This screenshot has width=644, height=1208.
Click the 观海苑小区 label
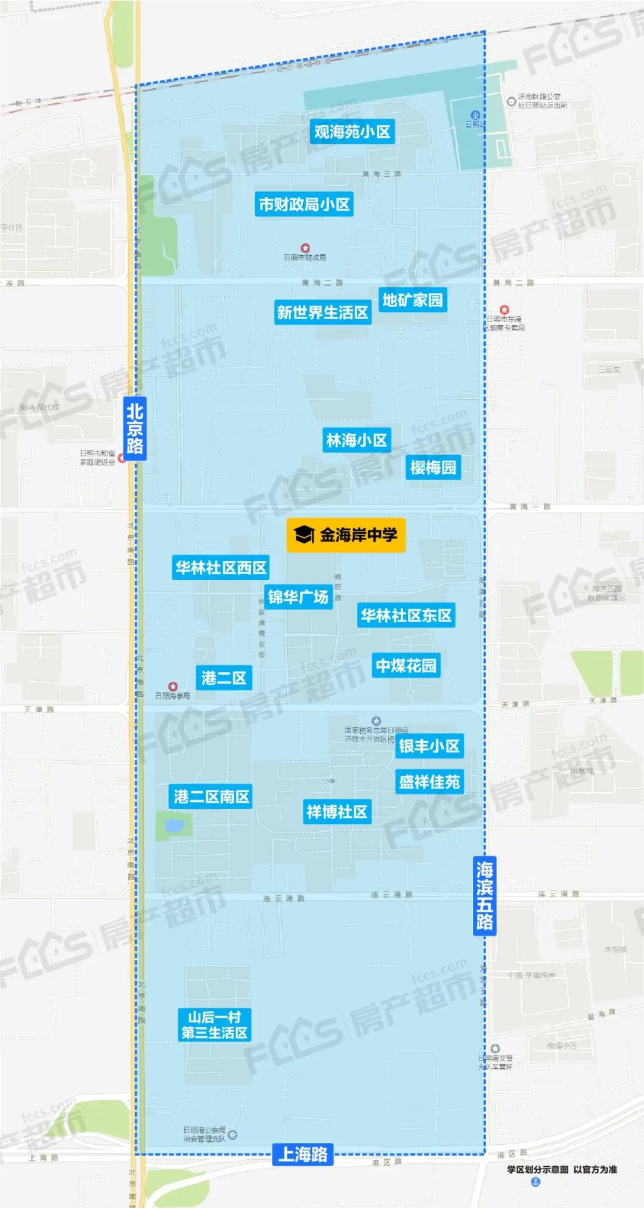point(352,132)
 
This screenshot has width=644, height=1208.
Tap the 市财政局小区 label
point(304,205)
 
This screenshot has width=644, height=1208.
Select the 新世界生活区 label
point(323,313)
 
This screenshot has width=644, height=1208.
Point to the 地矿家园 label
point(413,300)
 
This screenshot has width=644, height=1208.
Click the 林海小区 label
point(357,441)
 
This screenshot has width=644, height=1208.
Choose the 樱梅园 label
point(433,467)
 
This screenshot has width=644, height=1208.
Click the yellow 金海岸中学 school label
point(346,535)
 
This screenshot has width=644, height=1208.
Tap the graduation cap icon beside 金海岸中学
point(304,535)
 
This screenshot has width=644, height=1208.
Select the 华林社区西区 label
point(221,568)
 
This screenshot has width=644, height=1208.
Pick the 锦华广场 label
point(298,597)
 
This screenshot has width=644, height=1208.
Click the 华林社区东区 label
point(406,616)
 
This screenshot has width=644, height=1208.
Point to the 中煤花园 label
point(406,666)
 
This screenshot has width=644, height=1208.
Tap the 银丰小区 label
point(429,746)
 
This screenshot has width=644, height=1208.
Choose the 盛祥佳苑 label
point(429,781)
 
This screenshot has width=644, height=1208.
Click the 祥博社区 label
point(337,812)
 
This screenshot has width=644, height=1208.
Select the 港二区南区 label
point(211,796)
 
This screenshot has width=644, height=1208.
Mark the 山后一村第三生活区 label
point(214,1025)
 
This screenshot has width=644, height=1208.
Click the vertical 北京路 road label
point(135,428)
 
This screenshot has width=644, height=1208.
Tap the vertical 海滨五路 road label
point(484,897)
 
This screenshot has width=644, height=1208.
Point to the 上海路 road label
point(303,1155)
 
